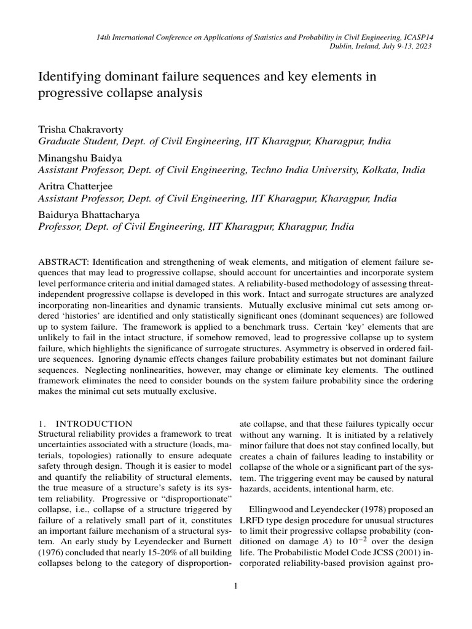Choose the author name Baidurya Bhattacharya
[x=90, y=214]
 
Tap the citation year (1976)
[x=52, y=554]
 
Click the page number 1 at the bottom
[x=235, y=586]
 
